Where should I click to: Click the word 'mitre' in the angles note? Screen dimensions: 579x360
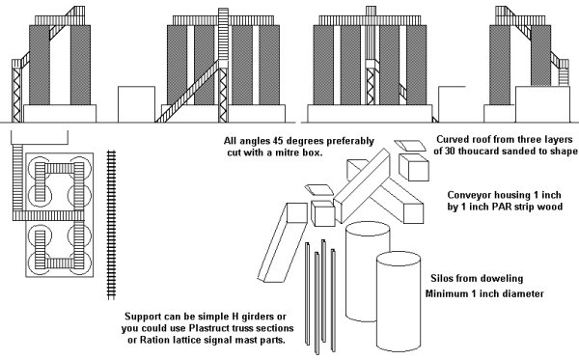point(287,152)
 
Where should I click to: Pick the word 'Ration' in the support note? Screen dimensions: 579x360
point(153,340)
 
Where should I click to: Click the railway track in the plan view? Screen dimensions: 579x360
point(111,225)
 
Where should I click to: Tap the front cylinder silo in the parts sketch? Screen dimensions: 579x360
point(399,302)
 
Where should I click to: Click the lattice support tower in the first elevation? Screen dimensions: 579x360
point(16,91)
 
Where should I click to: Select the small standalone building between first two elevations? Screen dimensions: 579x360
point(136,104)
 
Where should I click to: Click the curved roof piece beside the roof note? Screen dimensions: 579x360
point(410,146)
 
